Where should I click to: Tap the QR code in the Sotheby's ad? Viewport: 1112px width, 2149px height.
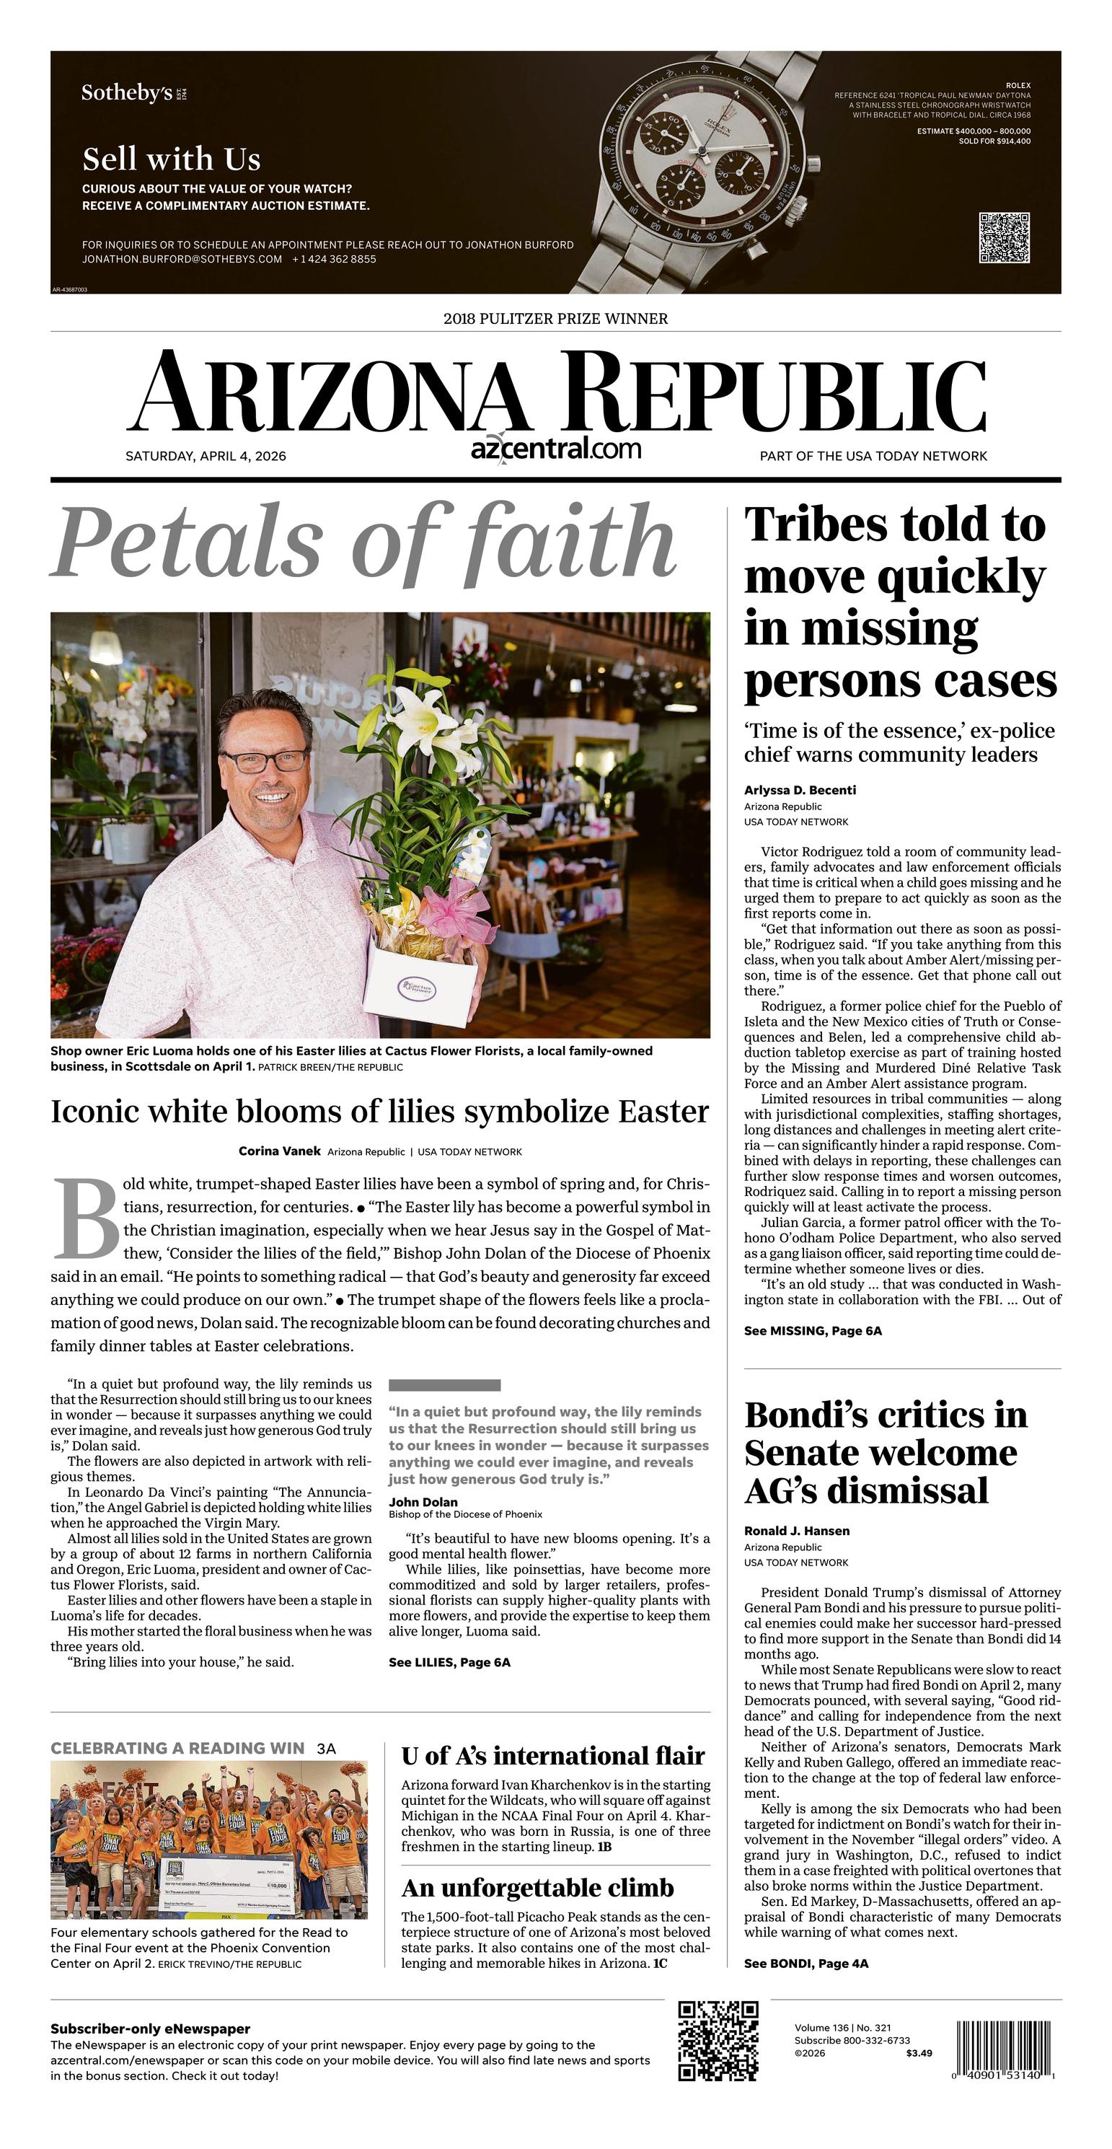[1004, 238]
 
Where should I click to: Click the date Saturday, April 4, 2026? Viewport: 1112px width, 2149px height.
[206, 457]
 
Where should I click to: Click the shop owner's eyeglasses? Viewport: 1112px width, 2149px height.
[265, 760]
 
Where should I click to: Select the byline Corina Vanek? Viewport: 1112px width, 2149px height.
[280, 1151]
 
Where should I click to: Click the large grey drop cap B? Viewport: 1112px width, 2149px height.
[86, 1219]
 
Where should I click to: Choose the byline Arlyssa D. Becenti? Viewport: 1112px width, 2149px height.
[799, 790]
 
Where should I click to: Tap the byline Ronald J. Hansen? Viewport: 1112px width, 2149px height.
[796, 1531]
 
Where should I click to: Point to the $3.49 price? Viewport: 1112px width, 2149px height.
[919, 2053]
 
